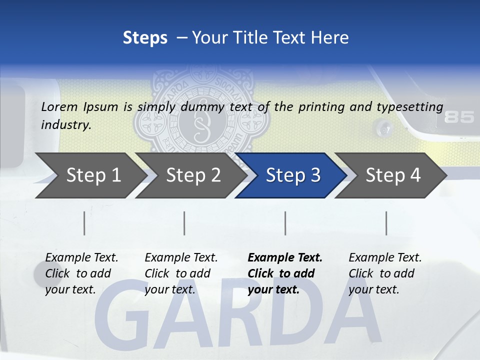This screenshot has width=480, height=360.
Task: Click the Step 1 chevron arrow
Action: click(90, 175)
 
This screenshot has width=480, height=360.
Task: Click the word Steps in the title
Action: click(145, 37)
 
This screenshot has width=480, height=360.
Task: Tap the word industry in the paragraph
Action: click(65, 125)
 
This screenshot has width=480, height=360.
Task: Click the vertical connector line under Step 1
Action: click(84, 223)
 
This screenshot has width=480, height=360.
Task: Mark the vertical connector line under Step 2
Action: click(184, 223)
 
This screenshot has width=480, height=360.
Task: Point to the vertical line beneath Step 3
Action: click(285, 223)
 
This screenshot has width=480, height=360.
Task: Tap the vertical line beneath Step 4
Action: click(386, 223)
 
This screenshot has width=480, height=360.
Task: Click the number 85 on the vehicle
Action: click(459, 117)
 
